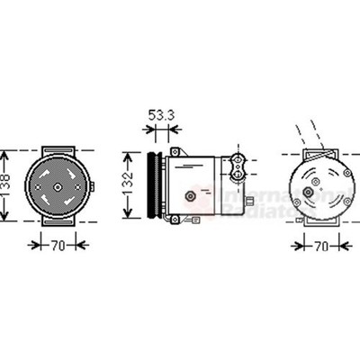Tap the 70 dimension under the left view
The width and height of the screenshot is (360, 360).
(56, 244)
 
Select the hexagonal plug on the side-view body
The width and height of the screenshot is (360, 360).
(191, 194)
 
